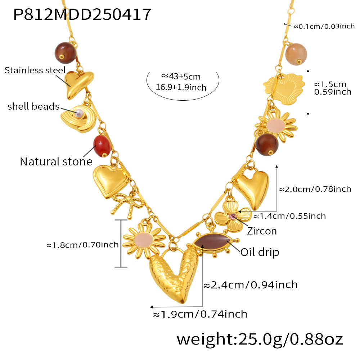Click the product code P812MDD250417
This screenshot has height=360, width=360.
pos(82,15)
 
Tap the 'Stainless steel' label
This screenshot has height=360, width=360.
pos(35,70)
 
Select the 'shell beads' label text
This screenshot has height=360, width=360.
pos(33,106)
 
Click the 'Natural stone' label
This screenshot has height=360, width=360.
pos(56,161)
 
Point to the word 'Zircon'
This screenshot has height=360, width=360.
pos(262,231)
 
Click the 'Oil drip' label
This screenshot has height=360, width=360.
pos(260,252)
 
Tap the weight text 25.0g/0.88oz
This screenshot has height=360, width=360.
pos(260,339)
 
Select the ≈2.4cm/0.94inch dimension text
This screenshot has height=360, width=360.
pos(251,285)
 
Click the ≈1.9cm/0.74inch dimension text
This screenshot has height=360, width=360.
pos(200,314)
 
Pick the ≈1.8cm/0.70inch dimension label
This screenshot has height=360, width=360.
pos(82,245)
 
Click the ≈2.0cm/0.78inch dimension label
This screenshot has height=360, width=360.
pos(315,189)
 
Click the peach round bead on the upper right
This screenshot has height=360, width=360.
pos(296,53)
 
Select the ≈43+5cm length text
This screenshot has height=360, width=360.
pos(181,76)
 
